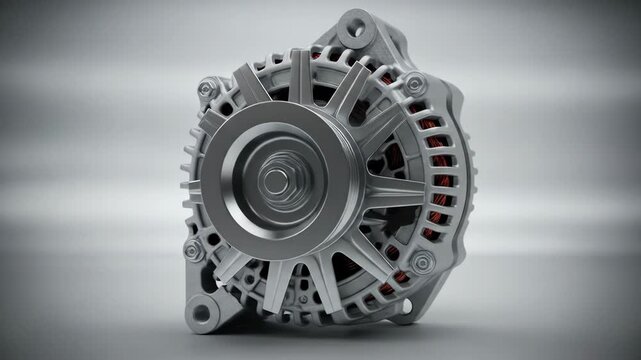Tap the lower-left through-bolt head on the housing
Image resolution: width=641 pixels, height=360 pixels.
tap(196, 250)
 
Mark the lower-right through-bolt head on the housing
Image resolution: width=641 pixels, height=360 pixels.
tap(421, 262)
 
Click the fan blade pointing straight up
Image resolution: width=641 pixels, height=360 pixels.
tap(300, 75)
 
